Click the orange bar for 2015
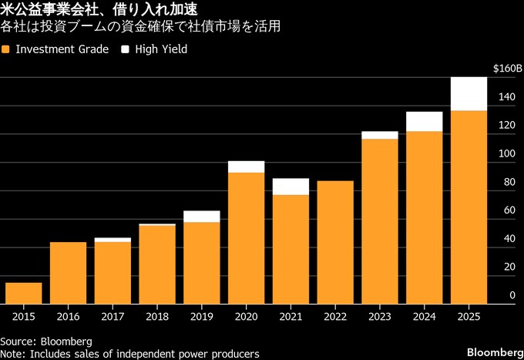(x=24, y=294)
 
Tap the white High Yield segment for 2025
(x=469, y=94)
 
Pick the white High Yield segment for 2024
(x=425, y=122)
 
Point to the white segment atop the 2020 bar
(x=246, y=167)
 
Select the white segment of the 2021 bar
(x=291, y=187)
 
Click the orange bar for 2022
(x=335, y=243)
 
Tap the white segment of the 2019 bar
(x=202, y=217)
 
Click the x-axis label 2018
(x=157, y=316)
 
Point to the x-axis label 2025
(x=469, y=316)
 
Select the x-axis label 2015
(x=24, y=316)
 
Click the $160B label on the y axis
(x=507, y=69)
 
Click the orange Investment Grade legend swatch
(x=6, y=49)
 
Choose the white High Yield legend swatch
(x=125, y=49)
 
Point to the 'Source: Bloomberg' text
(x=46, y=341)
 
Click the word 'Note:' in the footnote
(x=13, y=353)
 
